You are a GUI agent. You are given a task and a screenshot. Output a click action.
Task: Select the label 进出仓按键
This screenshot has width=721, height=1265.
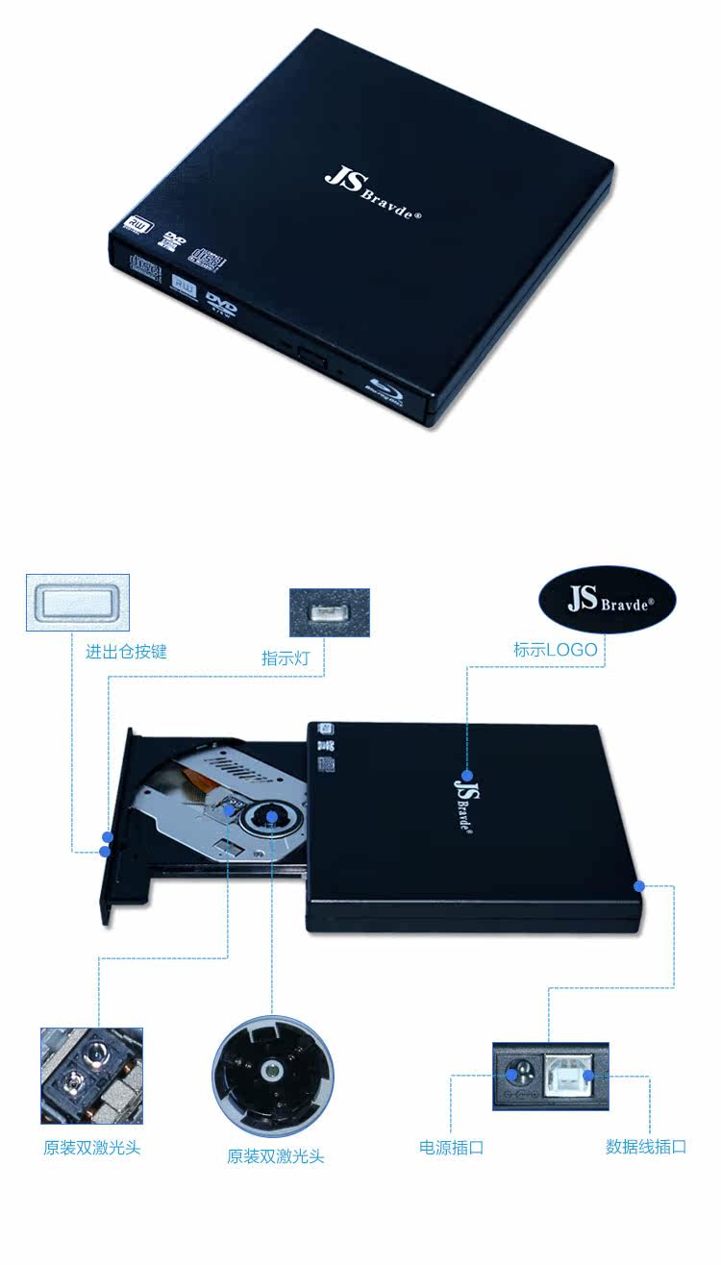pos(126,652)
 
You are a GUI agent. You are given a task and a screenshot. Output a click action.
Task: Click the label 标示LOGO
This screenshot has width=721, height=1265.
pos(555,650)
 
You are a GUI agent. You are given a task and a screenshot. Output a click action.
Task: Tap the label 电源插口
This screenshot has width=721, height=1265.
pos(451,1147)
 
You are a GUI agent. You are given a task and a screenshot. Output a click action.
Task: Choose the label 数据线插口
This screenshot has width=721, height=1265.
pos(646,1147)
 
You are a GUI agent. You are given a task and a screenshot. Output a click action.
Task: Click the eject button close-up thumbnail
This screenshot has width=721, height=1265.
pos(77,603)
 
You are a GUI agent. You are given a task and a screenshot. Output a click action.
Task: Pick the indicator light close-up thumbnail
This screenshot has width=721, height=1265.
pos(330,612)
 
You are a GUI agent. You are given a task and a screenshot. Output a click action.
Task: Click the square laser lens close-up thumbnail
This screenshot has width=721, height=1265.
pos(91,1076)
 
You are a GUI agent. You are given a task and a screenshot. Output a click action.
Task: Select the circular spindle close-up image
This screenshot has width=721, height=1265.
pos(273,1076)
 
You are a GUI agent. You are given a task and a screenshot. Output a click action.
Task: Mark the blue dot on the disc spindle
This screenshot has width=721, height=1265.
pos(272,818)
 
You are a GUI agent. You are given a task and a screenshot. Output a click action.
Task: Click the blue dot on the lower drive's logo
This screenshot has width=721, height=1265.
pos(466,775)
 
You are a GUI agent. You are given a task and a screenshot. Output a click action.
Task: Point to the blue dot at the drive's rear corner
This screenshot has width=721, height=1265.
pos(637,884)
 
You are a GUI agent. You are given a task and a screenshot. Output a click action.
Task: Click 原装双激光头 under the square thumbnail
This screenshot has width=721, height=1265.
pos(91,1148)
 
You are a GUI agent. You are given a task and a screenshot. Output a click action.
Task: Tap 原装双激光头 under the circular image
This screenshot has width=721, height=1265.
pos(276,1156)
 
